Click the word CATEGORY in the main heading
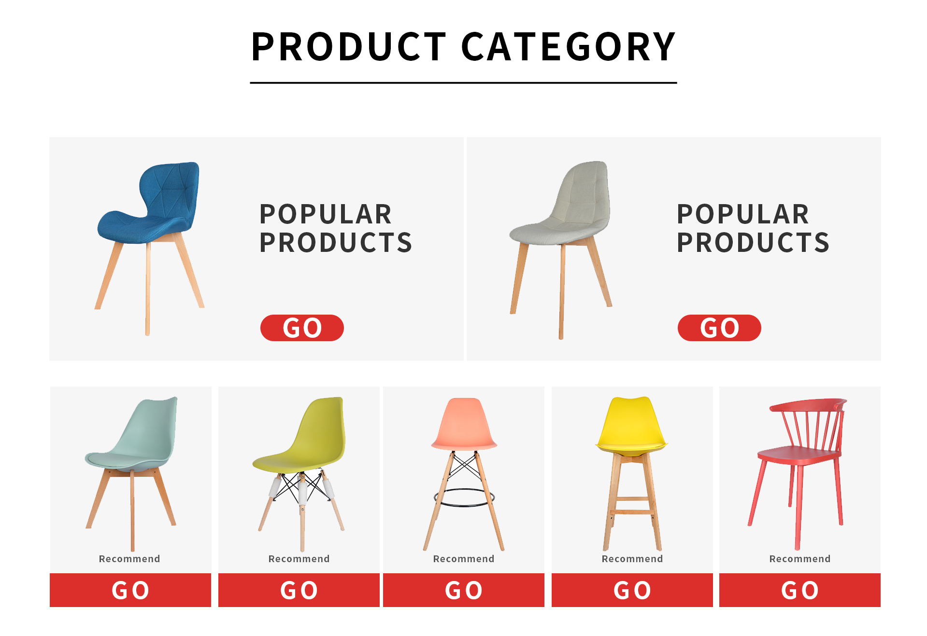(569, 47)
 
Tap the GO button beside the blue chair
(302, 328)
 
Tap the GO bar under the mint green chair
(130, 590)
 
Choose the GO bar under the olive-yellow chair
(299, 590)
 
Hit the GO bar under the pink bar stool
(464, 590)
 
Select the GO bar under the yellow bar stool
(632, 590)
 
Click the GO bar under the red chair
(800, 590)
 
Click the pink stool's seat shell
(464, 424)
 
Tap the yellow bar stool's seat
(631, 447)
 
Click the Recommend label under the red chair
(800, 559)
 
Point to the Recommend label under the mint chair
(129, 559)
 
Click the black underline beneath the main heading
(463, 83)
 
